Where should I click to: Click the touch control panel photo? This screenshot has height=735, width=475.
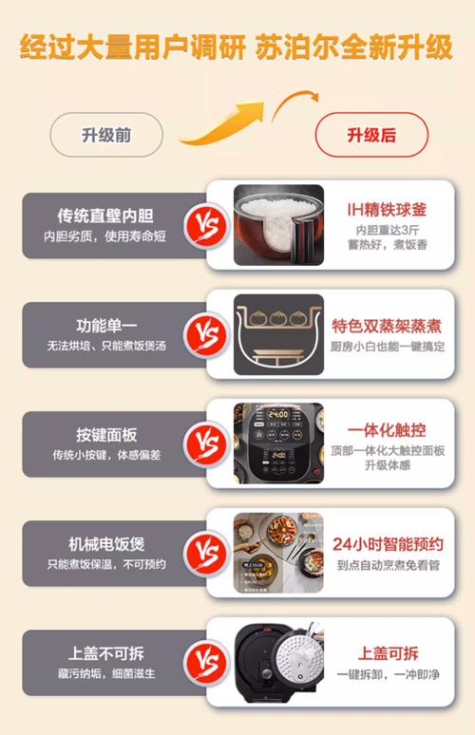pyautogui.click(x=278, y=443)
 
